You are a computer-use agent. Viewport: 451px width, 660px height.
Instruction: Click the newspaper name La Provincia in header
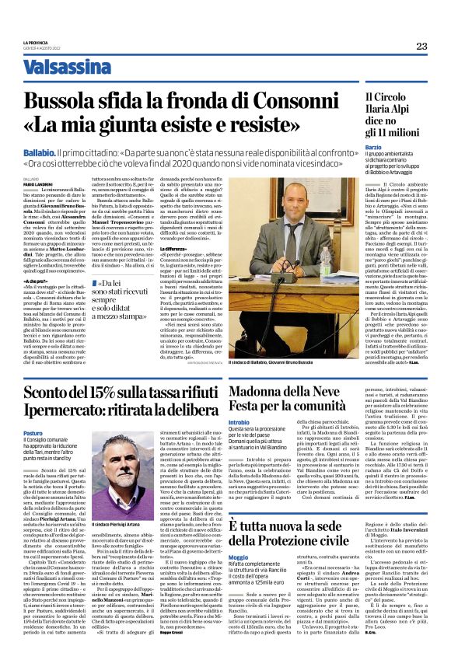click(36, 42)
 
